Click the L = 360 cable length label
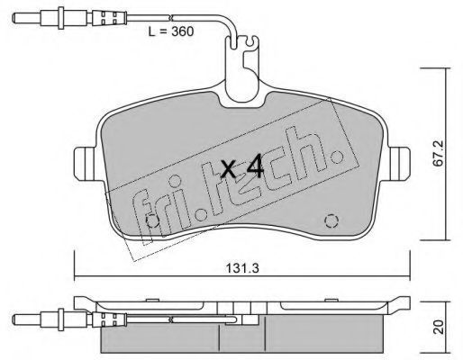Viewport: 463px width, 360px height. click(x=171, y=31)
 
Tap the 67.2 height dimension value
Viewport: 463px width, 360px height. click(x=440, y=154)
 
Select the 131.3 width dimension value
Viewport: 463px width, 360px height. click(x=242, y=268)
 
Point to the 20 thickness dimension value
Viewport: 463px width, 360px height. click(x=439, y=327)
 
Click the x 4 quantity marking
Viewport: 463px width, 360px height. click(x=242, y=168)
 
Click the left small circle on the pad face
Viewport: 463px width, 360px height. click(x=152, y=221)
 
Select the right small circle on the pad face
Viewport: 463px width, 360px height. click(x=331, y=221)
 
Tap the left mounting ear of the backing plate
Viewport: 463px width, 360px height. click(x=85, y=164)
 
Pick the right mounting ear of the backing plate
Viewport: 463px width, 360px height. click(x=399, y=164)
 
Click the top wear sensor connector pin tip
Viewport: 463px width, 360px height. click(x=14, y=19)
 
